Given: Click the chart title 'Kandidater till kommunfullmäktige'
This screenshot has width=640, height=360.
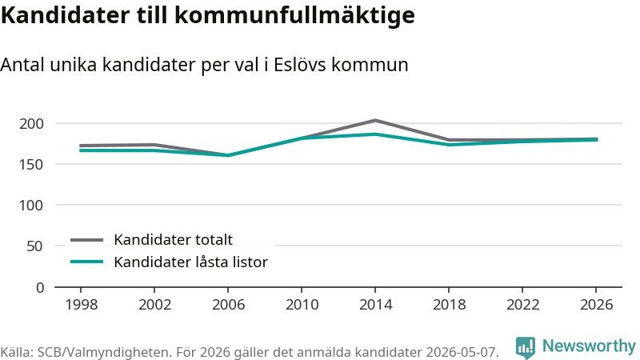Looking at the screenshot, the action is (x=208, y=16).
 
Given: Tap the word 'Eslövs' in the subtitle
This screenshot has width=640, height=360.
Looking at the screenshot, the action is (x=299, y=65).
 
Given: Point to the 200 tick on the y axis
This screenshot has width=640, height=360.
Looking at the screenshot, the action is (x=31, y=123).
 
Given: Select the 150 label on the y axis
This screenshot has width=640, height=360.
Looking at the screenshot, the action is (x=31, y=165).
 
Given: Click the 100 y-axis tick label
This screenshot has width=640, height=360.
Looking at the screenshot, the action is (x=31, y=206).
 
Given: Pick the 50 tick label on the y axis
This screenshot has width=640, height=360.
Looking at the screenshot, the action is (x=34, y=246).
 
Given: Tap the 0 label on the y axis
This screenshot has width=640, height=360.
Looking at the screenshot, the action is (x=39, y=288).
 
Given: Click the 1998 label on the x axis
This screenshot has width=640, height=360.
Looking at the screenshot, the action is (x=82, y=305).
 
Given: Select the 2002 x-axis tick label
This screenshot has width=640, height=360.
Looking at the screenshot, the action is (x=154, y=305).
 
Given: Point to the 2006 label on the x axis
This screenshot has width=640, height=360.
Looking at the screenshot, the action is (x=228, y=305).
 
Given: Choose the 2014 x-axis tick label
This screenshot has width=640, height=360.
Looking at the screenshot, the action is (x=375, y=305).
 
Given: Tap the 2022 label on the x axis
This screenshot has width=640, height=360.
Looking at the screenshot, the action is (x=523, y=305).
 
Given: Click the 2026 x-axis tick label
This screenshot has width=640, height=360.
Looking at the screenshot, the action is (x=596, y=305).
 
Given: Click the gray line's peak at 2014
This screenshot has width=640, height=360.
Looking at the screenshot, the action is (x=375, y=121).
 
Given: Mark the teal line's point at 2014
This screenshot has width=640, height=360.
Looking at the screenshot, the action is (x=375, y=134).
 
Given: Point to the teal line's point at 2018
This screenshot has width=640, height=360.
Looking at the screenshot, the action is (x=449, y=145).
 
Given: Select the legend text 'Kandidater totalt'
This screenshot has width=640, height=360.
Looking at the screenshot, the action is (x=173, y=239).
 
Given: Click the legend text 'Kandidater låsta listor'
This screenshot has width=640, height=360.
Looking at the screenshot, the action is (x=190, y=262).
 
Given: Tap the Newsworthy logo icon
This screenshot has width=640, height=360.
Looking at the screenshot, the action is (x=526, y=347).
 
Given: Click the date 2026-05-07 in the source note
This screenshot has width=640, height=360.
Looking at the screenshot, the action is (x=462, y=352).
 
